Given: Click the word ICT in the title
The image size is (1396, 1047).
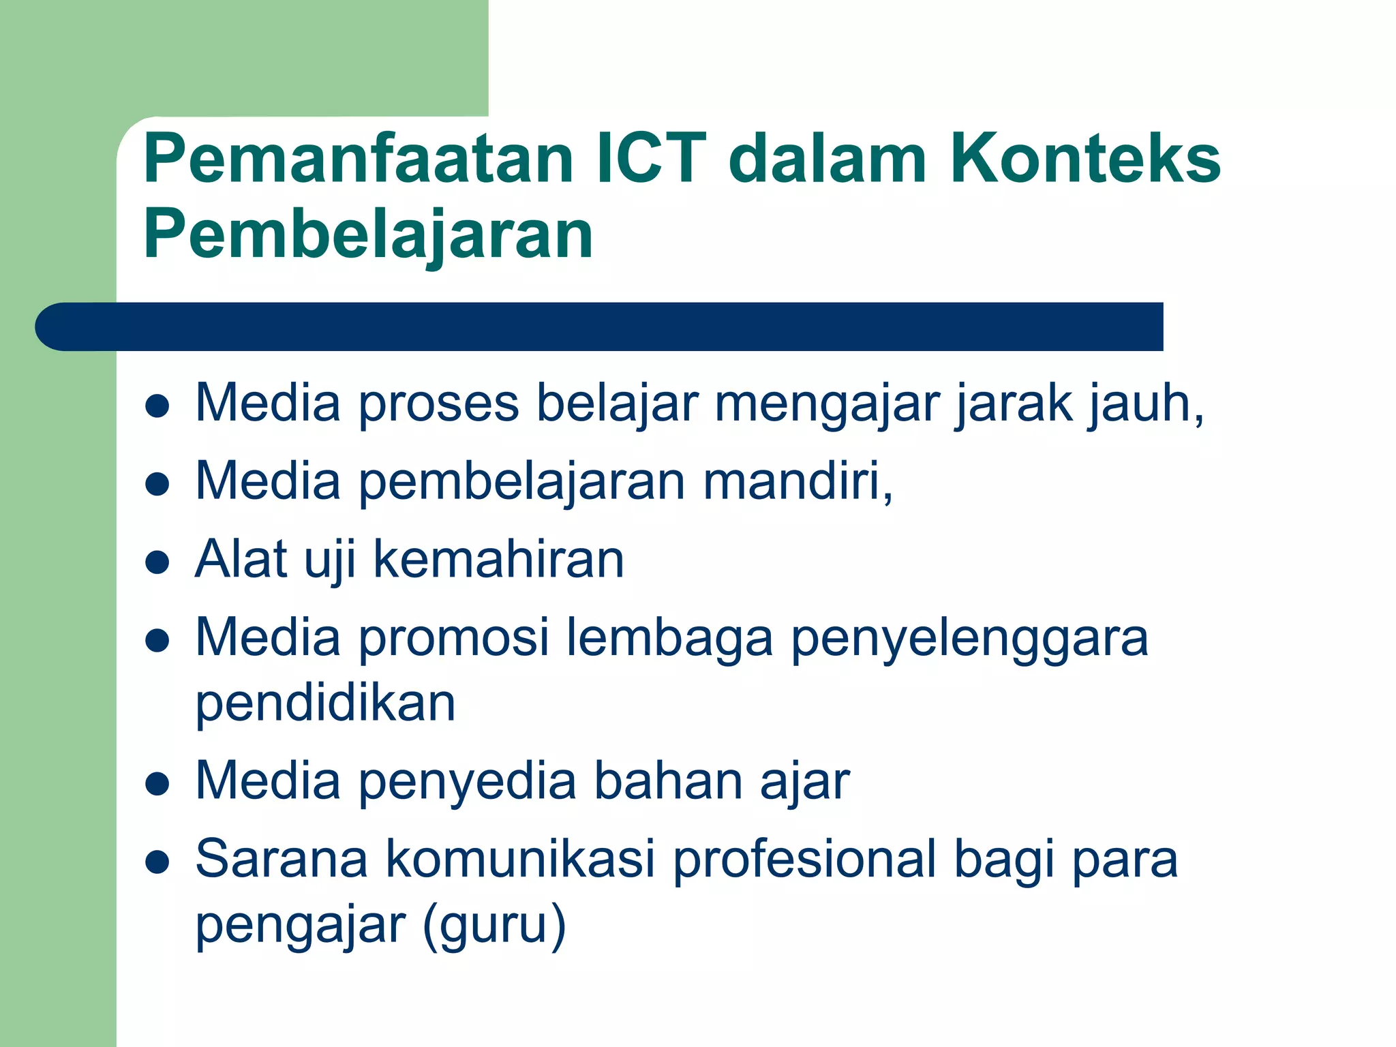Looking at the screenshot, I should (651, 159).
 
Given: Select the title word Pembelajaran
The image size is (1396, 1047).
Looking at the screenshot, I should (368, 235).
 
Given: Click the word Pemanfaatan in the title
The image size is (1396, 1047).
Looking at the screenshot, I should (359, 159).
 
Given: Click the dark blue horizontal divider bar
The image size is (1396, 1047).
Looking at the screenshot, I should (600, 327).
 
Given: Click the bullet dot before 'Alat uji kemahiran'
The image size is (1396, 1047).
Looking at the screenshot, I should (157, 562).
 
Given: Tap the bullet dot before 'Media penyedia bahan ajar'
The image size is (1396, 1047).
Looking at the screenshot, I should (157, 784).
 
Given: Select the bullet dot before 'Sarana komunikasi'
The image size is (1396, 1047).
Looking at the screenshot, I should (157, 862).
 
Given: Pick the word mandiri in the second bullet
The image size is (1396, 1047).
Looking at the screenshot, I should (798, 481).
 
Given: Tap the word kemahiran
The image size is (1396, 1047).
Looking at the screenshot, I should (498, 560).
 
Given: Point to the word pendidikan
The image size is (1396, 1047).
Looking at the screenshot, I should (325, 703).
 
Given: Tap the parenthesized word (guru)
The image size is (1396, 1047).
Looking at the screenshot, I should (494, 926).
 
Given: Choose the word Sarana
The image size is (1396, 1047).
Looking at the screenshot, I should (282, 859).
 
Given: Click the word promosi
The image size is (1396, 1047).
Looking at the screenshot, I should (453, 638).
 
